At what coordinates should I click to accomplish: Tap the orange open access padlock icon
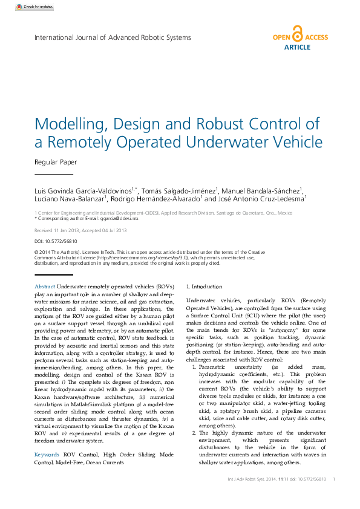point(296,33)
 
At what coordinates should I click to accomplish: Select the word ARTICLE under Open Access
point(297,47)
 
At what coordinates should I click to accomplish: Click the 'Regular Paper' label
point(56,162)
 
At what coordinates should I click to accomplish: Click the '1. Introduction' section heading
point(204,287)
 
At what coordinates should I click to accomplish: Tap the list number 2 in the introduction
point(194,416)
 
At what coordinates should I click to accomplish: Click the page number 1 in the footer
point(334,479)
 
